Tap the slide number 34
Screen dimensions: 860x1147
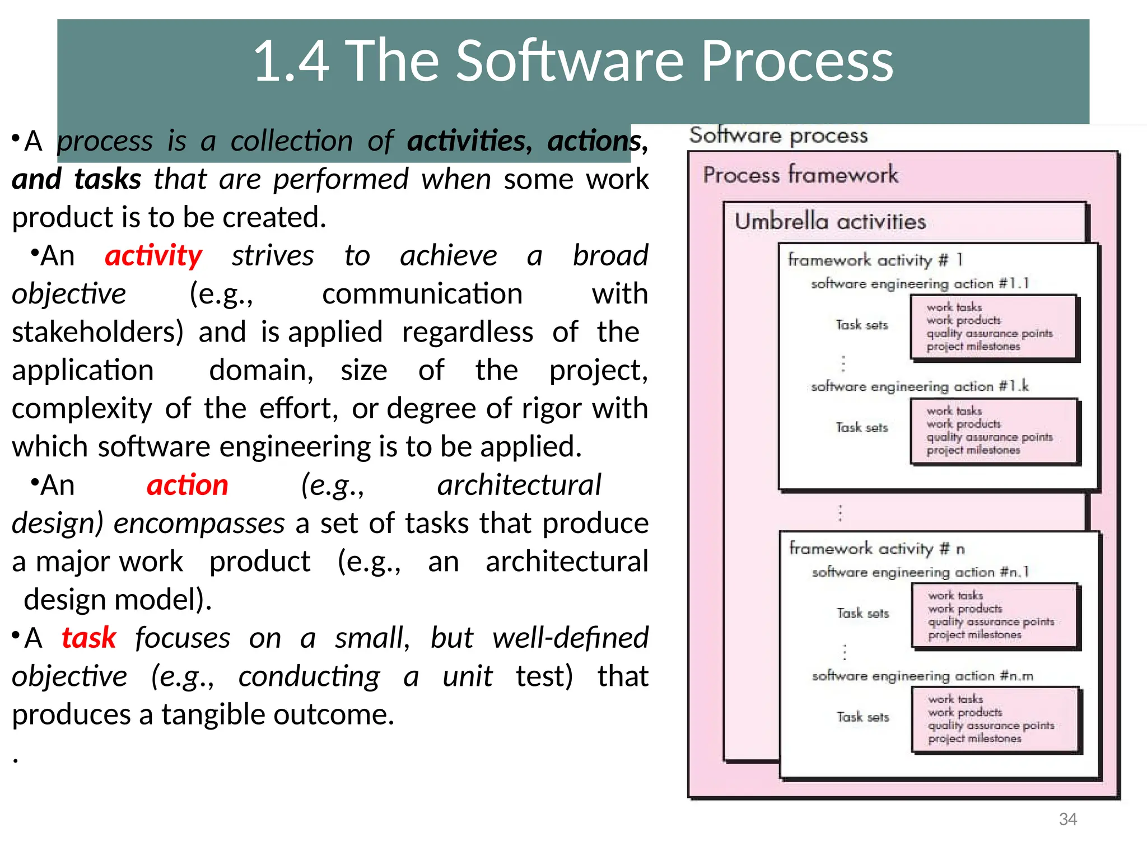1067,819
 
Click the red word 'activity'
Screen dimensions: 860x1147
153,256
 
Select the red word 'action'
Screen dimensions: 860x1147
187,485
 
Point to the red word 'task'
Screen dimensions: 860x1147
88,638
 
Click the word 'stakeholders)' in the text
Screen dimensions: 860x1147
97,332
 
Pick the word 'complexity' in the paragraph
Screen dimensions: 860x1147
82,408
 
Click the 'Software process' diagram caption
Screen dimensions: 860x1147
778,135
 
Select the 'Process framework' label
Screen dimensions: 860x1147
800,175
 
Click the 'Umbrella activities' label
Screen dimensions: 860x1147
830,222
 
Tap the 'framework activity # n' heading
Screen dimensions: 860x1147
876,548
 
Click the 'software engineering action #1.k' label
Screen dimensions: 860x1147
920,386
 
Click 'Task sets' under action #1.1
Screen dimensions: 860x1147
861,325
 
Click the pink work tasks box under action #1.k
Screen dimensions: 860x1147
994,431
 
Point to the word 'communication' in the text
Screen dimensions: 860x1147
422,294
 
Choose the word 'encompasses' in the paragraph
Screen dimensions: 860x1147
199,524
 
